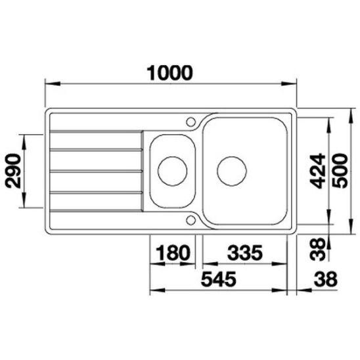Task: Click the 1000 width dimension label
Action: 169,71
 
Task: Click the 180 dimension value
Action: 173,251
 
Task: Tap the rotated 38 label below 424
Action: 316,249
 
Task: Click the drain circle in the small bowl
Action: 172,170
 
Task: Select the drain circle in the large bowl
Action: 231,170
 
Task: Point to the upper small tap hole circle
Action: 192,121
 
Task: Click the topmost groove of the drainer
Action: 96,135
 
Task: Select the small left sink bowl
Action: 172,170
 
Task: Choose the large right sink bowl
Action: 244,170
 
